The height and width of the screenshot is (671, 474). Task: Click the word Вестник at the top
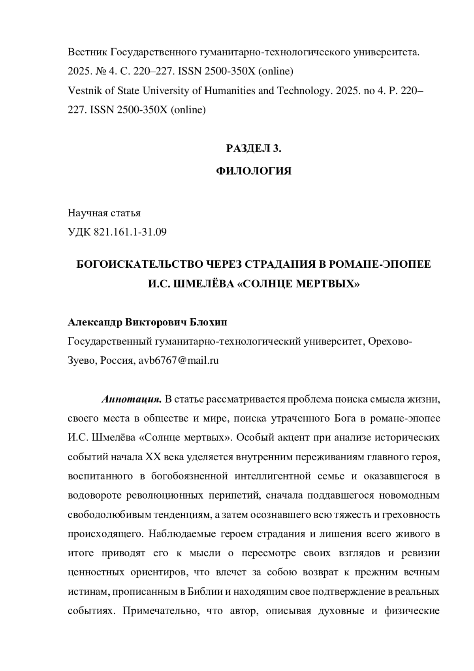pyautogui.click(x=87, y=52)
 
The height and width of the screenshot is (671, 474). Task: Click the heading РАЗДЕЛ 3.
pyautogui.click(x=254, y=148)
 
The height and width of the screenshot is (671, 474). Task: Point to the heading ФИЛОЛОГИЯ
pyautogui.click(x=254, y=171)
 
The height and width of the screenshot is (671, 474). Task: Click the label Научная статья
pyautogui.click(x=104, y=213)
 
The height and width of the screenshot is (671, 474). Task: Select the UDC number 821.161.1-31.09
pyautogui.click(x=130, y=232)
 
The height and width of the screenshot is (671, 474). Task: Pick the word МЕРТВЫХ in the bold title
pyautogui.click(x=331, y=284)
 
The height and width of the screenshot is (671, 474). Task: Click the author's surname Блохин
pyautogui.click(x=209, y=322)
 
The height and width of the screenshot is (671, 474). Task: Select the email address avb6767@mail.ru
pyautogui.click(x=179, y=361)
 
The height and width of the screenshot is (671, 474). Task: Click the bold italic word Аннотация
pyautogui.click(x=132, y=399)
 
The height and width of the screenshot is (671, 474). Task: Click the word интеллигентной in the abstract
pyautogui.click(x=273, y=476)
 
